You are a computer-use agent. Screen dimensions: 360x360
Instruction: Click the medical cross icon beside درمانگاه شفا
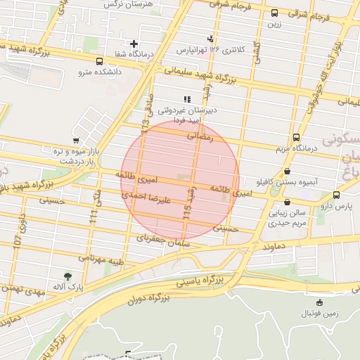tap(134, 44)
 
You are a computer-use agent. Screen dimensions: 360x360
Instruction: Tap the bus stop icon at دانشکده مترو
tap(99, 61)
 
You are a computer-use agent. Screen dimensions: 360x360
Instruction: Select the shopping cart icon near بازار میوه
tap(76, 141)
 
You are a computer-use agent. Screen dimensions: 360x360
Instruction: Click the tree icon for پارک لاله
tap(67, 277)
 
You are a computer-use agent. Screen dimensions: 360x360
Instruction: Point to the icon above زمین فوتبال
tap(320, 302)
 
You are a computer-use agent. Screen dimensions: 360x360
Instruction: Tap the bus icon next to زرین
tap(274, 13)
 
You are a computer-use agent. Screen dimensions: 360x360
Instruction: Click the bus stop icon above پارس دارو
tap(337, 195)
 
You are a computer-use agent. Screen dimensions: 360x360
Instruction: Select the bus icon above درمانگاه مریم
tap(296, 138)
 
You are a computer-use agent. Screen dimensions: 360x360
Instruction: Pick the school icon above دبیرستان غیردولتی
tap(186, 99)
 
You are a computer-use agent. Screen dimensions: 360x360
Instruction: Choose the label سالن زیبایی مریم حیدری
tap(288, 217)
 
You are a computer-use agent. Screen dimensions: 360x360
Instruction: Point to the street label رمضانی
tap(200, 139)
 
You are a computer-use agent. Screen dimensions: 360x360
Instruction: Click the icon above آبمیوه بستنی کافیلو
tap(287, 171)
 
